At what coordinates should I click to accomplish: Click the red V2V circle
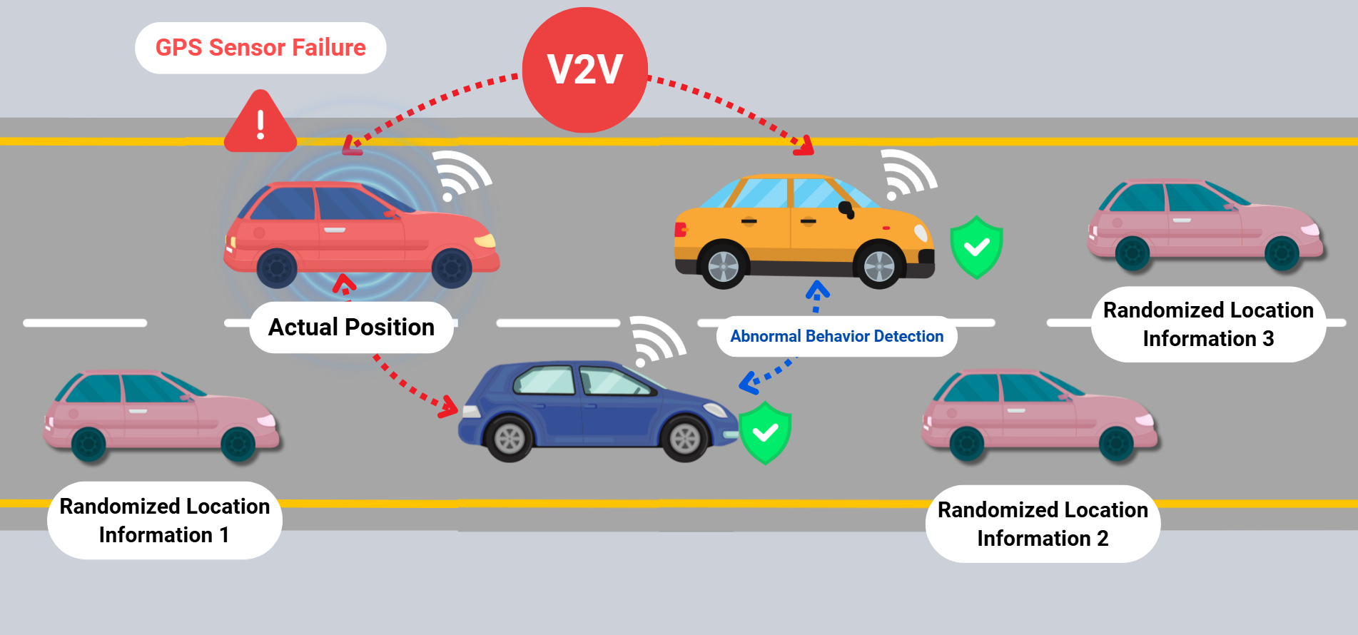585,70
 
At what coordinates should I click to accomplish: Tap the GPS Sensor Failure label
260,48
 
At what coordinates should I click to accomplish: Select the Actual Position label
351,327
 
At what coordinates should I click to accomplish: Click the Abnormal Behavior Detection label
836,336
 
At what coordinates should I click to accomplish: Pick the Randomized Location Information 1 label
165,520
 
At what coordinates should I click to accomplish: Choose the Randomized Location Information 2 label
1043,524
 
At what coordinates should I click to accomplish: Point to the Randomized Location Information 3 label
1208,324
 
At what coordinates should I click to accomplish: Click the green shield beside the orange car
976,247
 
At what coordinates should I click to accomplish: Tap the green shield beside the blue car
765,432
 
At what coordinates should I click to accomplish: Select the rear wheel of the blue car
510,438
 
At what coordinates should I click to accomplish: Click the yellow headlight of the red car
486,241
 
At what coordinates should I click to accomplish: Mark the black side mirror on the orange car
846,209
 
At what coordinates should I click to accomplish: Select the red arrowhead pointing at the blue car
449,407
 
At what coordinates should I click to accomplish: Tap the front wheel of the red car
452,268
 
